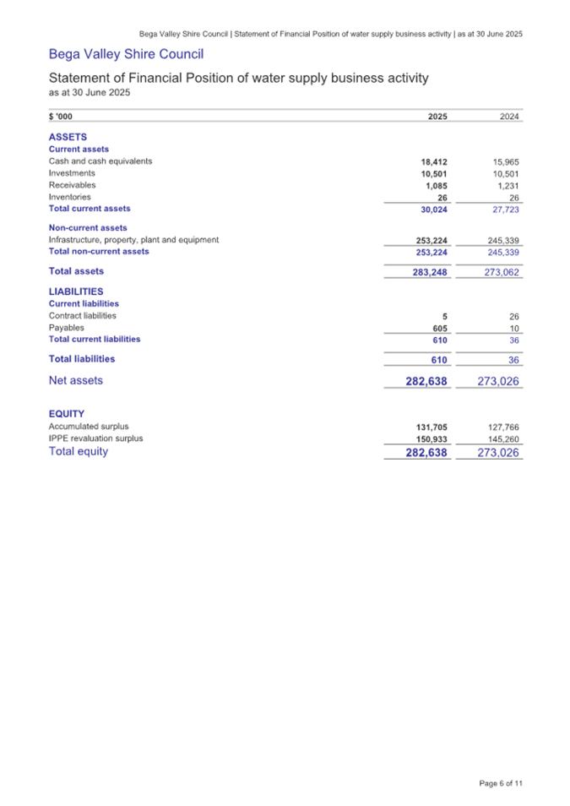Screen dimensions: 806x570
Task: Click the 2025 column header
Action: pos(437,117)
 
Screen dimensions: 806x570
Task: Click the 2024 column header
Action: pos(510,117)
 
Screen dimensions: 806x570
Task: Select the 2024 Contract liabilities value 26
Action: pos(513,316)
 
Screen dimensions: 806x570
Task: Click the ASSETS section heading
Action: pos(68,136)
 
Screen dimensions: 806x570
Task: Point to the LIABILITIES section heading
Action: pos(82,291)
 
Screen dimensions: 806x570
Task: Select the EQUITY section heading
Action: pos(68,413)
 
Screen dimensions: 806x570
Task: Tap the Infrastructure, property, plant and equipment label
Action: pos(133,240)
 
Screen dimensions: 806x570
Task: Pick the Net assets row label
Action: pos(76,380)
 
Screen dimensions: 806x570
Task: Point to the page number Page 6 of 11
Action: pos(501,782)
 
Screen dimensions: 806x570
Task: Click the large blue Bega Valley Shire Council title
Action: pos(126,55)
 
